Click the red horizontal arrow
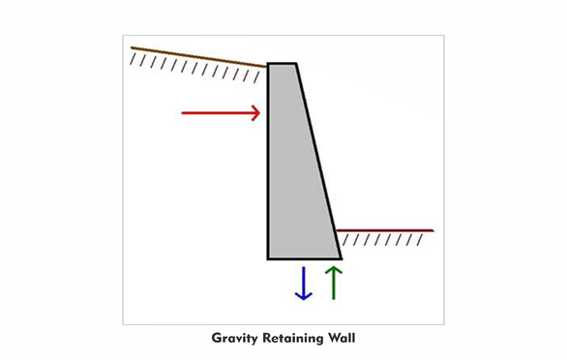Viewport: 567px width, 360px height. point(221,113)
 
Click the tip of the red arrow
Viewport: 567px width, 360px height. point(260,113)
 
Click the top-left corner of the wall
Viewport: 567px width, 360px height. point(268,64)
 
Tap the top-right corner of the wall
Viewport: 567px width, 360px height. point(296,64)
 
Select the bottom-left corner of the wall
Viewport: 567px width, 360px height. point(268,259)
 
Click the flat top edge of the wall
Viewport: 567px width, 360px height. point(282,64)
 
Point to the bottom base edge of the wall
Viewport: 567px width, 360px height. point(305,259)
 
